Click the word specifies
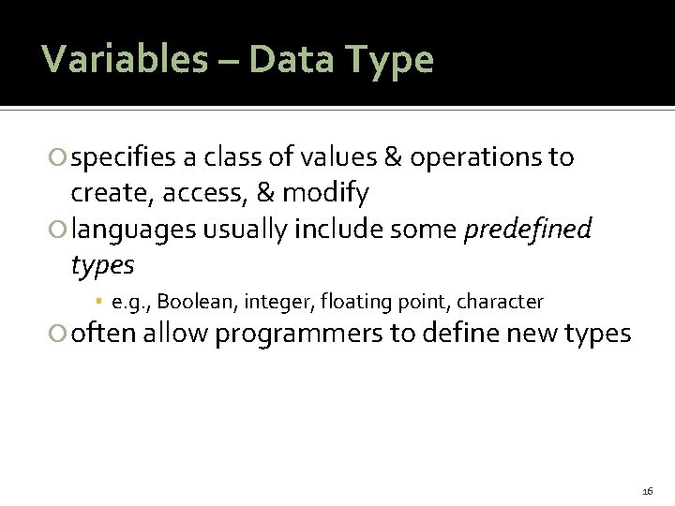point(123,158)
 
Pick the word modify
point(325,194)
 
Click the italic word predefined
point(529,230)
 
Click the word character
point(500,302)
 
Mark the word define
point(452,334)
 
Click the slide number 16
point(648,491)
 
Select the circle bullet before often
point(61,335)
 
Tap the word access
point(193,194)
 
